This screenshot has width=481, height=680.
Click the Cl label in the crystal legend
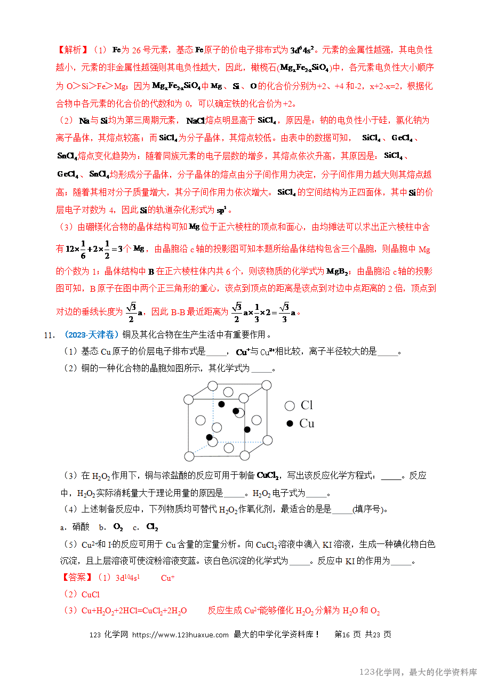(x=307, y=405)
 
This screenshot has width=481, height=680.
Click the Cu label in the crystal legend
(x=307, y=423)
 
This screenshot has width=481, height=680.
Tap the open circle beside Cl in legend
(x=290, y=406)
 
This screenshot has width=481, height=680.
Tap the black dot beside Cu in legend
(x=290, y=423)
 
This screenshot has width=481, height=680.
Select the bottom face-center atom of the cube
(x=229, y=447)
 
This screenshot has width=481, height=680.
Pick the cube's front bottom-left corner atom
(x=189, y=456)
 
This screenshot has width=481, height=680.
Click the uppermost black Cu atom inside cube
(x=221, y=404)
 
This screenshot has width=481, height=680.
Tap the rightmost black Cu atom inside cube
(x=247, y=429)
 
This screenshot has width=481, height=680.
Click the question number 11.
(x=49, y=335)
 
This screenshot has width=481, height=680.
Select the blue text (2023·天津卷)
(x=90, y=335)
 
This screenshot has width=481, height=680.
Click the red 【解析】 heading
(x=70, y=50)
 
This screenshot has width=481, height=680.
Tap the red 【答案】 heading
(x=74, y=578)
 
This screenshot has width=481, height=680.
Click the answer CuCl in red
(x=91, y=594)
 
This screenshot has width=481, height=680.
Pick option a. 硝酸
(x=75, y=527)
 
